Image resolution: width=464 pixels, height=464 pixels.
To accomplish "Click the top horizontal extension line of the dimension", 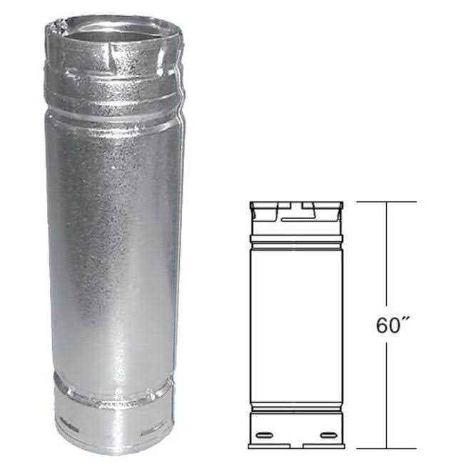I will (385, 202).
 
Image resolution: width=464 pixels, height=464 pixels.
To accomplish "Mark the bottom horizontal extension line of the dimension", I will (385, 448).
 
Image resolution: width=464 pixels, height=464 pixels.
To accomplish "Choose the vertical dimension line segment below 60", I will (388, 393).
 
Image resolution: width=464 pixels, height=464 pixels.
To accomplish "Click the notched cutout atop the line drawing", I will (296, 208).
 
